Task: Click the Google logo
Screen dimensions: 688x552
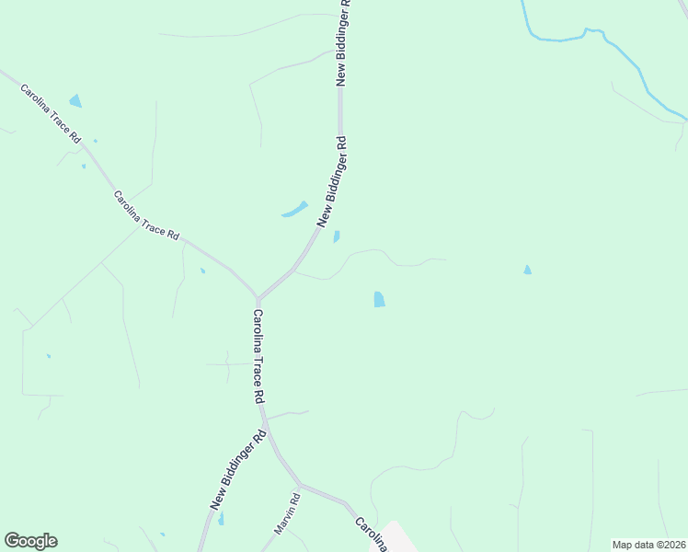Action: pyautogui.click(x=30, y=541)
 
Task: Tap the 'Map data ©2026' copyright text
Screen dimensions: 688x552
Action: pyautogui.click(x=648, y=545)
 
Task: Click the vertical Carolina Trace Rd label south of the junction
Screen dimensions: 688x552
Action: pyautogui.click(x=258, y=357)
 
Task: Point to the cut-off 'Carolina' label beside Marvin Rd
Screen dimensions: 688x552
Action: pyautogui.click(x=370, y=534)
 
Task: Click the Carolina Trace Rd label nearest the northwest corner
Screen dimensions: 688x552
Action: pyautogui.click(x=51, y=113)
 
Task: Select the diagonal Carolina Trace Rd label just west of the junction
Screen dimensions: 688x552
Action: pyautogui.click(x=146, y=215)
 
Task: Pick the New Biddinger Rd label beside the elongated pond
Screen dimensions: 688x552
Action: pyautogui.click(x=332, y=182)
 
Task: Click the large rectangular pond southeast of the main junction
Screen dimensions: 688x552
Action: pyautogui.click(x=379, y=299)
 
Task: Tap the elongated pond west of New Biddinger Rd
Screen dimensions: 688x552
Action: pyautogui.click(x=294, y=210)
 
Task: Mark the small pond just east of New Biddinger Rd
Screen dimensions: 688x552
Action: pyautogui.click(x=337, y=236)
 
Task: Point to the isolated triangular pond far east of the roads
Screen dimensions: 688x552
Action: pyautogui.click(x=527, y=270)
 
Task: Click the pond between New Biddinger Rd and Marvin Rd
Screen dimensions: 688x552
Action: pyautogui.click(x=221, y=519)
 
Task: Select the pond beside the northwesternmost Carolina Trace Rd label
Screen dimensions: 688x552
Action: pyautogui.click(x=75, y=101)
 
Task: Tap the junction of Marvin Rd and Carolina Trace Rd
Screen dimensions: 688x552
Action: pyautogui.click(x=299, y=484)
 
